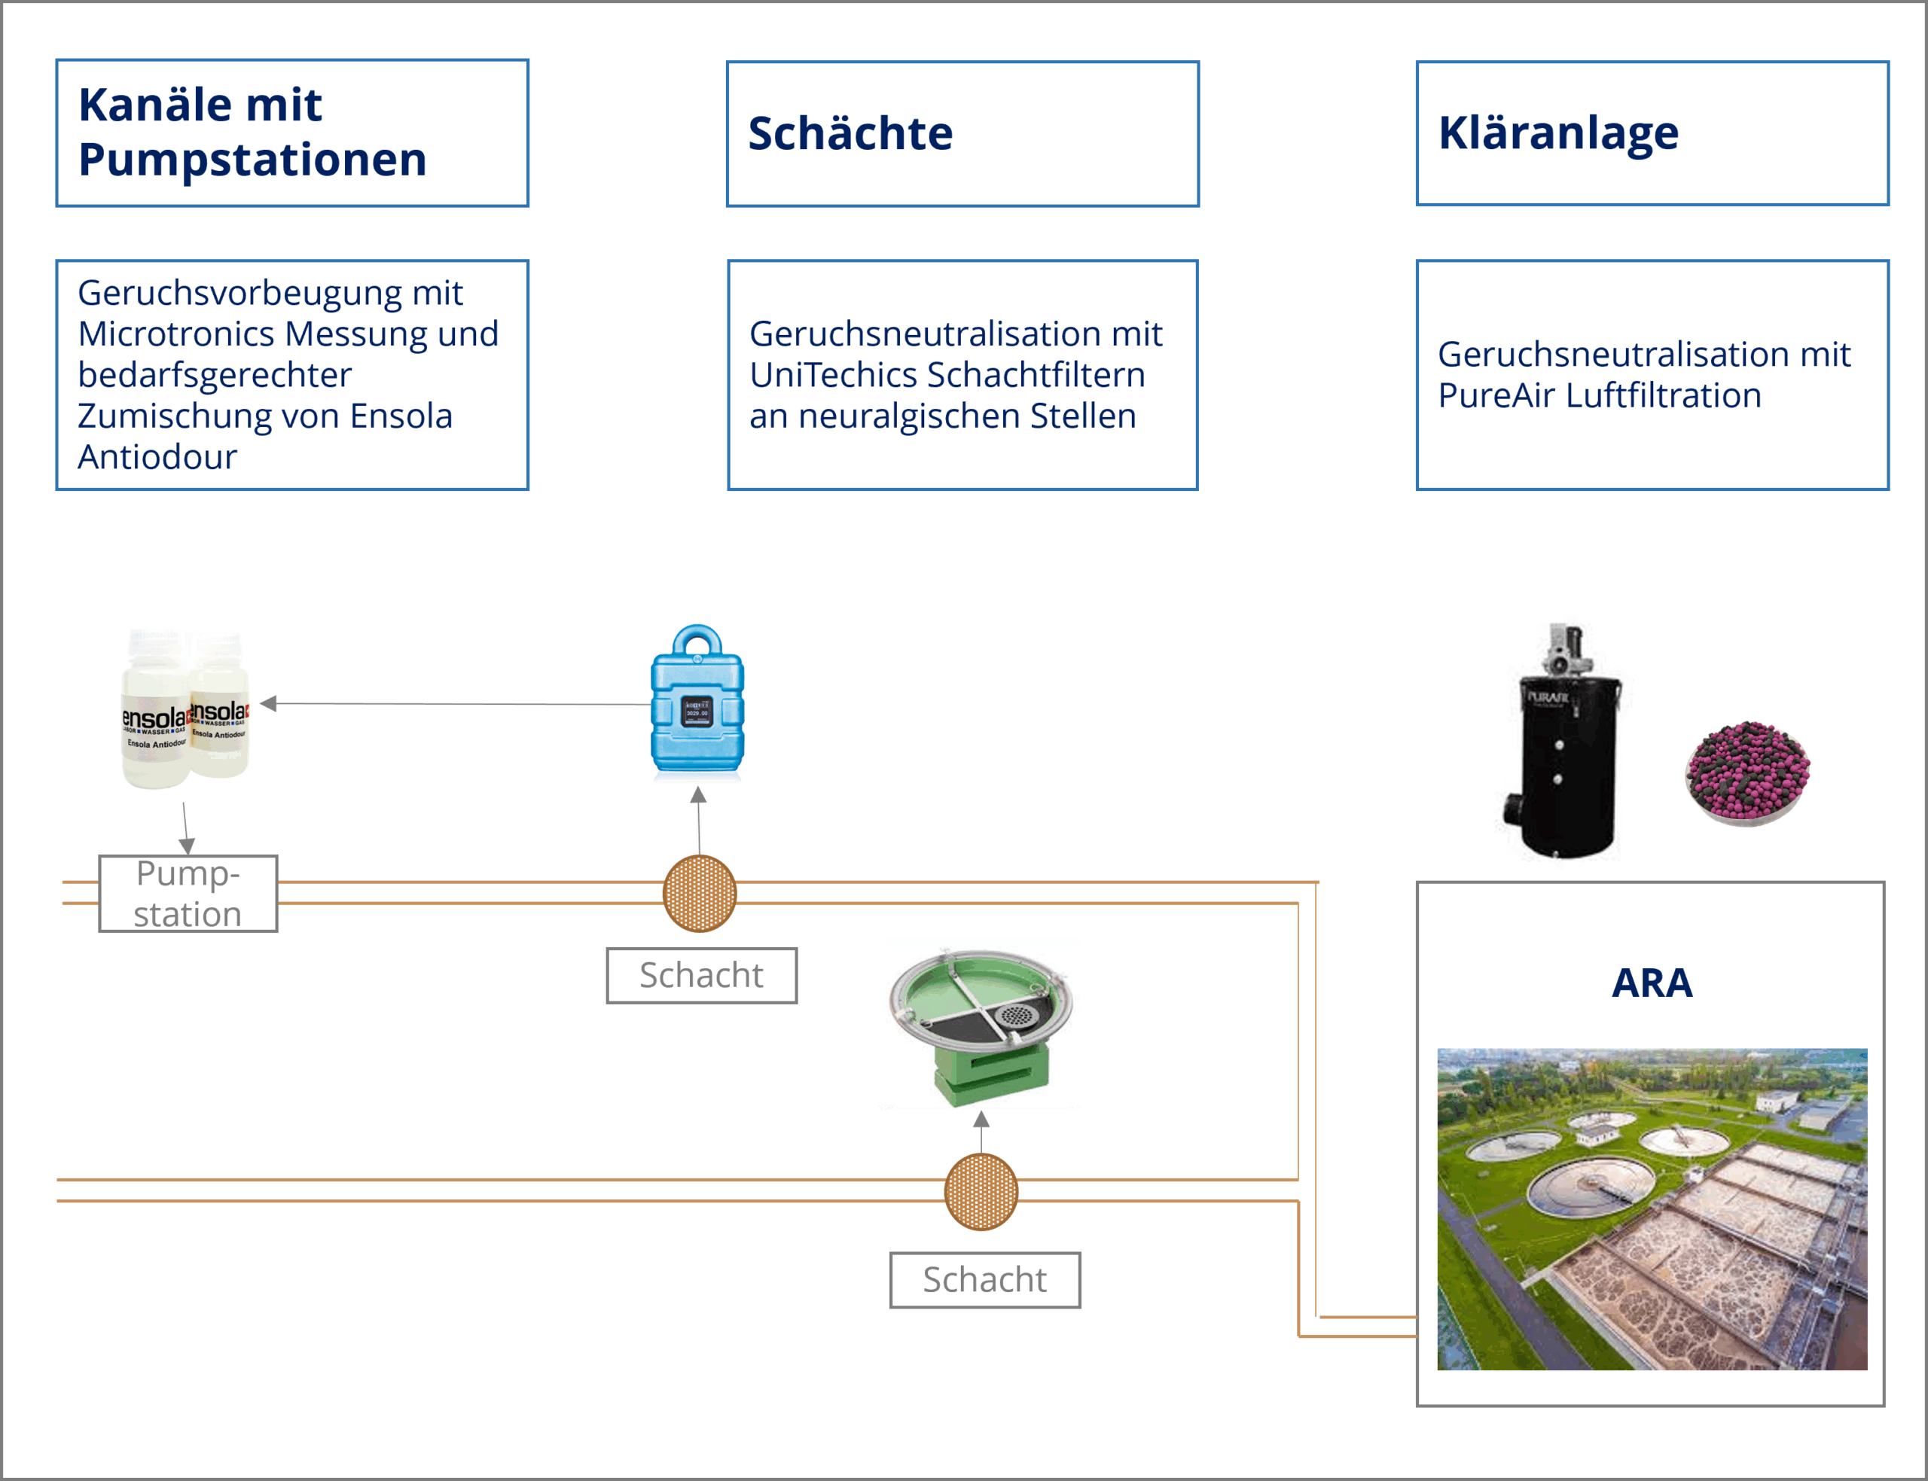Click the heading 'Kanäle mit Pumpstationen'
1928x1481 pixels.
[252, 133]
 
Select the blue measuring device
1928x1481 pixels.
[697, 701]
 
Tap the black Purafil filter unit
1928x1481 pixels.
[1563, 749]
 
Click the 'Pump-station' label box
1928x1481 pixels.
[188, 894]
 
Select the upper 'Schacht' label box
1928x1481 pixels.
[702, 976]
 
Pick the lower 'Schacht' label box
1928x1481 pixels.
[985, 1280]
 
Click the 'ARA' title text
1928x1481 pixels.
[1652, 983]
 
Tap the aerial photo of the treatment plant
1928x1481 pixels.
[1652, 1208]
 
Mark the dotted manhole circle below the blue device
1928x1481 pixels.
[699, 894]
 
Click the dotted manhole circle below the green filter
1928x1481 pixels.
[981, 1192]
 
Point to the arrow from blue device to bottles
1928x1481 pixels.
[459, 703]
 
